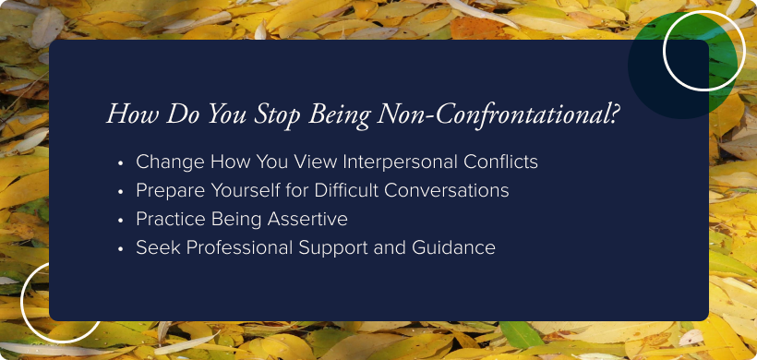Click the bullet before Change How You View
click(121, 162)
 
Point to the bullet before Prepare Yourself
click(121, 191)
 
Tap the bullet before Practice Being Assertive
click(121, 220)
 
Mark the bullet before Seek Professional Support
click(121, 248)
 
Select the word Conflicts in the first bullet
click(500, 162)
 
